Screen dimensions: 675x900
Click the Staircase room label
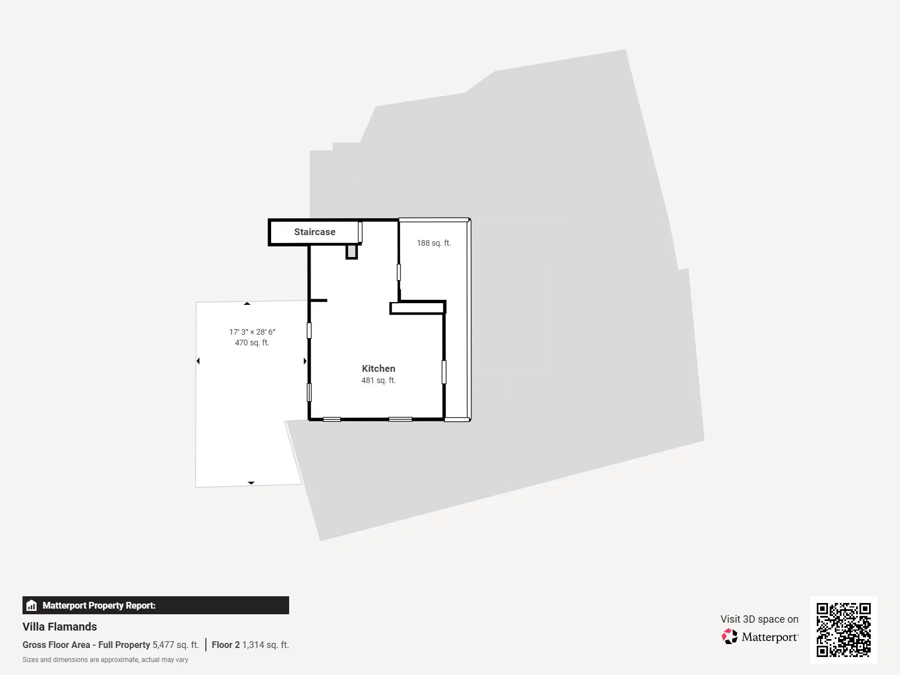click(x=314, y=232)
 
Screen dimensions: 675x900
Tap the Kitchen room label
click(x=378, y=368)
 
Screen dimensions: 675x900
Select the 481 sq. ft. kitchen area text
click(x=378, y=381)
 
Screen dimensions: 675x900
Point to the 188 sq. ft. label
click(x=434, y=243)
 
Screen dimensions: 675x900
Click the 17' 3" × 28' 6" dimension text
click(x=252, y=332)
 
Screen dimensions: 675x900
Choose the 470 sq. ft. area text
click(x=252, y=343)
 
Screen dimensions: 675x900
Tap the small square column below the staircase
click(x=352, y=251)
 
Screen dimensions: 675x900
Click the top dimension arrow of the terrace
click(x=247, y=304)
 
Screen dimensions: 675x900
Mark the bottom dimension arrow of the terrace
click(x=251, y=483)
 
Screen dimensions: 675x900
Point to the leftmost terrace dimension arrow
click(x=198, y=361)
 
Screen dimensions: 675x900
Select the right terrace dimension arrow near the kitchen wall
click(x=305, y=361)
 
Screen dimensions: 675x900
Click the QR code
click(x=843, y=629)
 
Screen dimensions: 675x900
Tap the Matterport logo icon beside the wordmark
click(x=730, y=637)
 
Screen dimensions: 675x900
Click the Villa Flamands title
click(x=60, y=627)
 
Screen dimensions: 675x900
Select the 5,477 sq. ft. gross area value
click(x=175, y=645)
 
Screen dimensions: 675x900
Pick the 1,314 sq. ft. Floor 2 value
click(x=265, y=645)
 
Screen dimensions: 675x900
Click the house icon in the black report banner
click(x=31, y=605)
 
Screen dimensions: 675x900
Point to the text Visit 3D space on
click(x=759, y=619)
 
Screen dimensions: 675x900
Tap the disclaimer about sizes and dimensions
click(x=105, y=660)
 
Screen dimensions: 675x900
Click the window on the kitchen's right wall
click(x=444, y=372)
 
